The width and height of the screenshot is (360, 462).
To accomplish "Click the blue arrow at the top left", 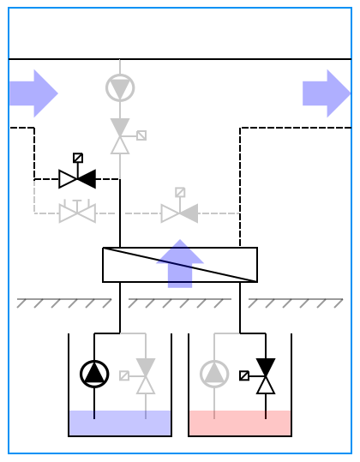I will click(33, 93).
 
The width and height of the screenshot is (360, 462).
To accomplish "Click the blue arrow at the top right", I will click(327, 93).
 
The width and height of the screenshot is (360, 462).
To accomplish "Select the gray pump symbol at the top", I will click(120, 87).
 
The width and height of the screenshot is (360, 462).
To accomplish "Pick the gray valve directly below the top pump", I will click(120, 135).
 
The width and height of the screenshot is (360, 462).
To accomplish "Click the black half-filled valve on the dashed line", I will click(77, 179).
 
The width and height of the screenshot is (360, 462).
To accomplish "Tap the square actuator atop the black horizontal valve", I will click(78, 158).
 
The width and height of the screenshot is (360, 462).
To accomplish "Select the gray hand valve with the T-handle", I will click(77, 212).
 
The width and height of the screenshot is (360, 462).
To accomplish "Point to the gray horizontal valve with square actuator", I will click(179, 213).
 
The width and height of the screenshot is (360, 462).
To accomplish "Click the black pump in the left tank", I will click(94, 374).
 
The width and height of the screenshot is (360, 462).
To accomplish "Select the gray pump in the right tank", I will click(214, 374).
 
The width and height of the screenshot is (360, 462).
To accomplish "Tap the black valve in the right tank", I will click(266, 375).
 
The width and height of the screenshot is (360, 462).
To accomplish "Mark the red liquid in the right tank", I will click(240, 423).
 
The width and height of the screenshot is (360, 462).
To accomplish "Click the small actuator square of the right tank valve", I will click(244, 375).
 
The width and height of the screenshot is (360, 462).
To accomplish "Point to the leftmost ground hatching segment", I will click(64, 303).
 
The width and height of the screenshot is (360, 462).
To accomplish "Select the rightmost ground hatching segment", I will click(296, 303).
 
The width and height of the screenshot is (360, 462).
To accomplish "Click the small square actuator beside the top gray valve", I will click(141, 135).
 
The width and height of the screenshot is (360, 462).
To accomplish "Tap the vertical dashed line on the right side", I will click(240, 184).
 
